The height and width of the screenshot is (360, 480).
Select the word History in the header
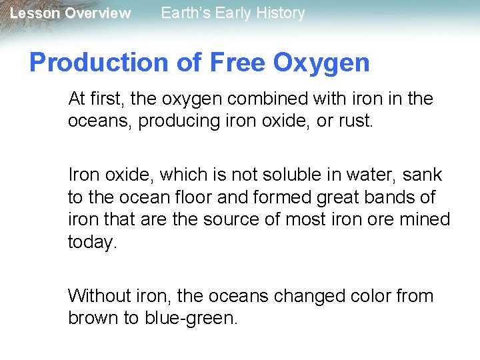279,13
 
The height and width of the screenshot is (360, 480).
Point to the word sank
422,175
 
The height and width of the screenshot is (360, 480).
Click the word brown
94,318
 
